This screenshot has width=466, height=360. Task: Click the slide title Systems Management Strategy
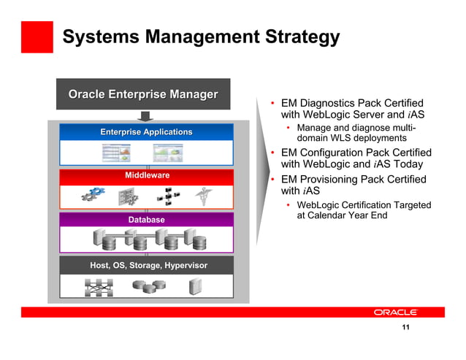pos(201,37)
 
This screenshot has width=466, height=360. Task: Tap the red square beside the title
pos(37,37)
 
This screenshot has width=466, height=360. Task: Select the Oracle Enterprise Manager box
pos(143,94)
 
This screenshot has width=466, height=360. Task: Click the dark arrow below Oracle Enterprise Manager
pos(145,116)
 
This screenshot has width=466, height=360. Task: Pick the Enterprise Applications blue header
pos(146,132)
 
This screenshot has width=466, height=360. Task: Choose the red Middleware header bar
pos(147,176)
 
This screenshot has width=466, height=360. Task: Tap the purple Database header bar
pos(147,220)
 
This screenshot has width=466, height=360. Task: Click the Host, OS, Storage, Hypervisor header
pos(148,265)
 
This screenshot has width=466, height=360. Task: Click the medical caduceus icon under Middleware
pos(202,196)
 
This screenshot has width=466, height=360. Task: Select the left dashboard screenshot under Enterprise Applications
pos(116,153)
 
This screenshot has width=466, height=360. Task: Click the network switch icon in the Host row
pos(98,288)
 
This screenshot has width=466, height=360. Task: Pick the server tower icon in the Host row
pos(195,288)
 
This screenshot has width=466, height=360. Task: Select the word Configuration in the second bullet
pos(336,153)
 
